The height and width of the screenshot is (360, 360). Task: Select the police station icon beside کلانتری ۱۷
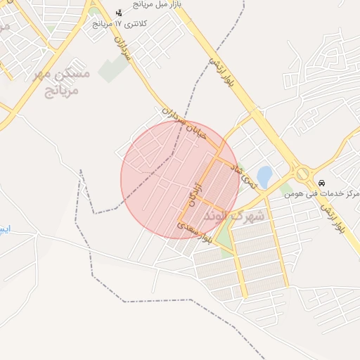119,13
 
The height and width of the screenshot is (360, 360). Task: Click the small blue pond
264,176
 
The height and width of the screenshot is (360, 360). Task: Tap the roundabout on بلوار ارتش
302,173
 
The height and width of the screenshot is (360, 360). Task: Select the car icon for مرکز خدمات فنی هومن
322,183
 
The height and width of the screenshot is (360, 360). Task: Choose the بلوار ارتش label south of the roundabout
332,219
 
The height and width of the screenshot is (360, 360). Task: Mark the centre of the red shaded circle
180,180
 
